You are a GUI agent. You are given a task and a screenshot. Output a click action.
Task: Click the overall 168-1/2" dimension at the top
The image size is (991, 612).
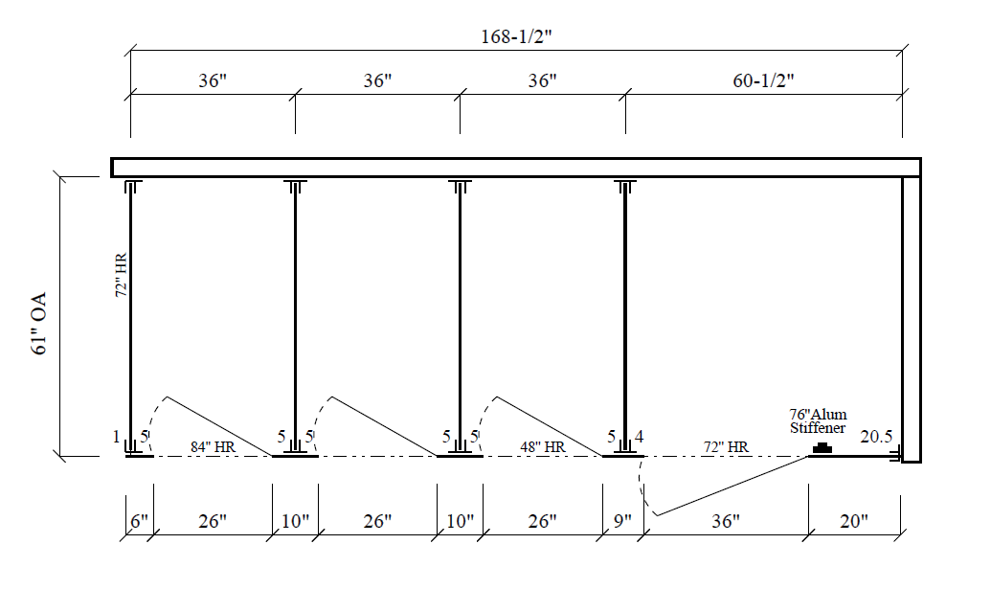coord(516,36)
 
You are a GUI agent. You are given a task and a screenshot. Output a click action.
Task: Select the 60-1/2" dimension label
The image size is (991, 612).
coord(763,80)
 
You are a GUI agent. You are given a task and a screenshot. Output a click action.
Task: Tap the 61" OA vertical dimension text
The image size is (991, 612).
coord(39,323)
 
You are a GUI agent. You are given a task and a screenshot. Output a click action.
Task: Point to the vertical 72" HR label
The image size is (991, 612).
coord(122,275)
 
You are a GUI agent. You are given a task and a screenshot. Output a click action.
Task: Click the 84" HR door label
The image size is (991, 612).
coord(213,447)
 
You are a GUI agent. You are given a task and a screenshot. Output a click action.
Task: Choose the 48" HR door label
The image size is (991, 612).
coord(542,447)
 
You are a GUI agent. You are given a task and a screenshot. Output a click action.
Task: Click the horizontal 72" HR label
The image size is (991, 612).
coord(726,447)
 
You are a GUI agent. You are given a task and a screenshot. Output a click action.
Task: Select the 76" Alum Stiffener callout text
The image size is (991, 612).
coord(818,421)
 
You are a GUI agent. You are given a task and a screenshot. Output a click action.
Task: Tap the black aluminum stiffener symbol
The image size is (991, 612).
coord(822,448)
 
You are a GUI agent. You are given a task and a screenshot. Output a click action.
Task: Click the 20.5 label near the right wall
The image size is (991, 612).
coord(876,436)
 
